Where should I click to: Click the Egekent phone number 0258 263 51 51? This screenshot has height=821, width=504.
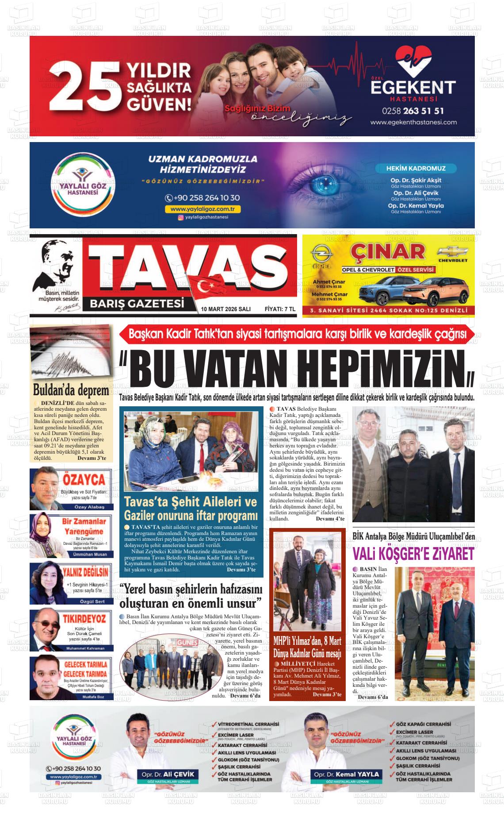click(413, 111)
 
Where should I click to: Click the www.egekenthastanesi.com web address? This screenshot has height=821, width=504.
click(413, 122)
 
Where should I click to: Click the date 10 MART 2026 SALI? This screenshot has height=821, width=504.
click(225, 309)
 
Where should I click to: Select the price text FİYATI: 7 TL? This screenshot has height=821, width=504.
click(279, 309)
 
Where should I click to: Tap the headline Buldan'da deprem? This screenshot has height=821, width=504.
click(71, 391)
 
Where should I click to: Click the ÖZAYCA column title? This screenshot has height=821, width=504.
click(84, 479)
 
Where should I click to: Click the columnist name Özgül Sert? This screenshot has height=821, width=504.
click(84, 601)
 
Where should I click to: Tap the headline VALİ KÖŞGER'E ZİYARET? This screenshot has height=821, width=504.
click(413, 554)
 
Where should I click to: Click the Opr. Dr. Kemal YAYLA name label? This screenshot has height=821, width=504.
click(346, 774)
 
